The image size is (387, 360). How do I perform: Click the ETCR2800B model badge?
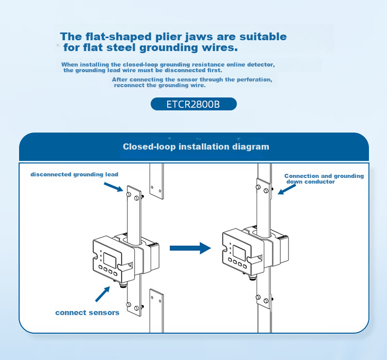pos(193,104)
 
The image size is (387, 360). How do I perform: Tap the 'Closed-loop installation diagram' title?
pos(196,147)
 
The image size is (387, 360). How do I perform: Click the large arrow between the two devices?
pos(190,248)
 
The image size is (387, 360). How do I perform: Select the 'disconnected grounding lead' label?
pos(74,174)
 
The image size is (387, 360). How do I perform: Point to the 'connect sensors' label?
pos(87,313)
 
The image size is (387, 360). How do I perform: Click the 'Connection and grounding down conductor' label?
pos(324,179)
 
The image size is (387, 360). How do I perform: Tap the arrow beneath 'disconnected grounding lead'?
pos(114,187)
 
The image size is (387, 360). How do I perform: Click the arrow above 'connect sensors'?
pos(103,294)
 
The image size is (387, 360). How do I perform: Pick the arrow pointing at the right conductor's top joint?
pos(286,189)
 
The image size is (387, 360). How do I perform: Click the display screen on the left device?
pos(109,260)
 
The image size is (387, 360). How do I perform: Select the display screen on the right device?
pos(239,253)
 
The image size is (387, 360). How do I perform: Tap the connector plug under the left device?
pos(122,285)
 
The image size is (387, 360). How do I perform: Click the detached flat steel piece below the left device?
pos(156,310)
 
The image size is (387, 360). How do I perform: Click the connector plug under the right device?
pos(252,277)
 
